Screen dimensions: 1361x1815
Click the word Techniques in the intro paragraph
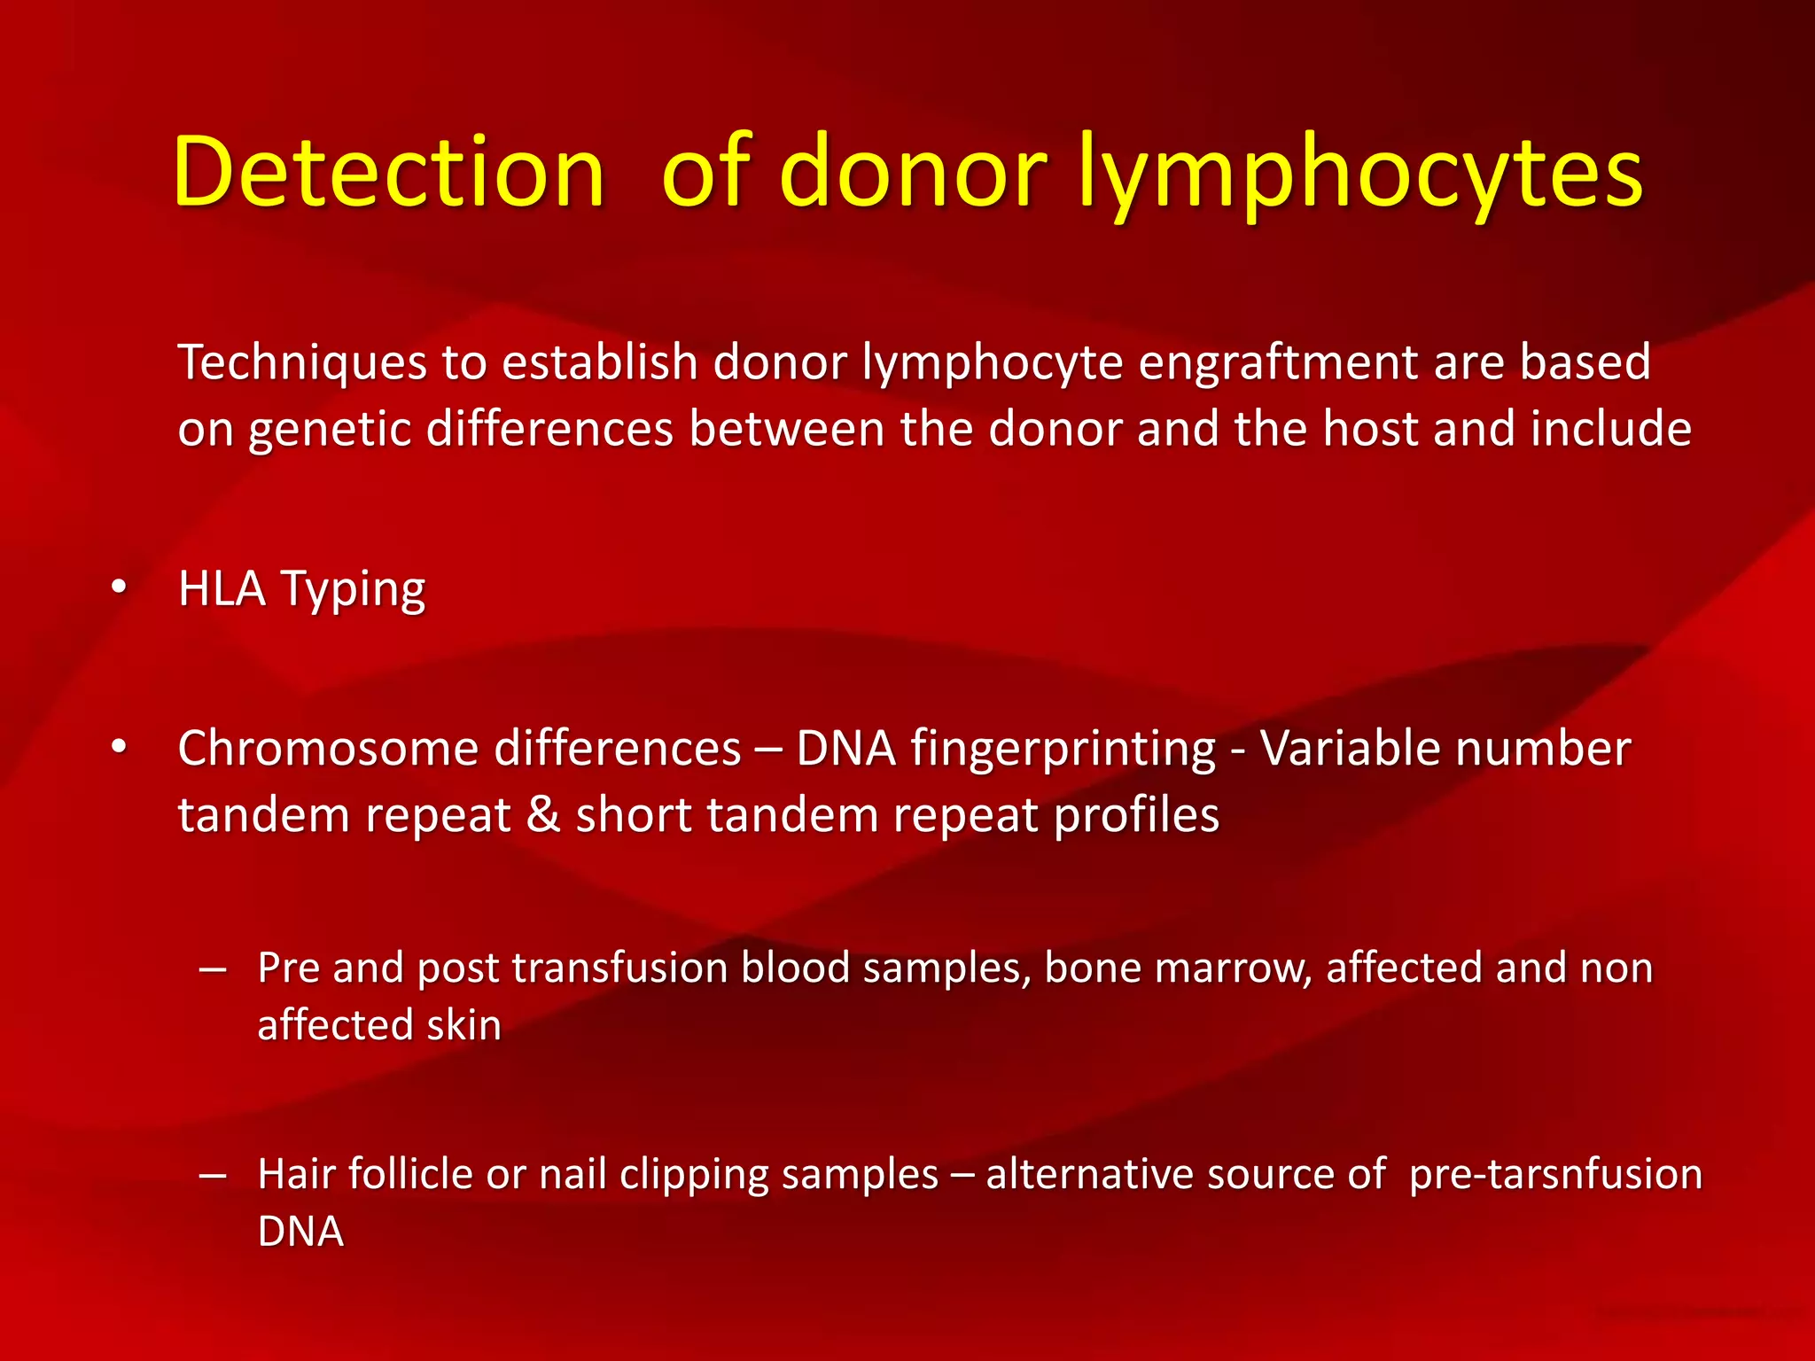(302, 362)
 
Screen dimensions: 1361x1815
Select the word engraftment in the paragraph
(1277, 362)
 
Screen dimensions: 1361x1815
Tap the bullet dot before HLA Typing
(119, 587)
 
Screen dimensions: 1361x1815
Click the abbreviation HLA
(222, 588)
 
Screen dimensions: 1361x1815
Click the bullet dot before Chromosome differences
(119, 747)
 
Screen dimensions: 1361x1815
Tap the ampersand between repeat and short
(542, 815)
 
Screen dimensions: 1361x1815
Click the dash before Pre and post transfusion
(213, 968)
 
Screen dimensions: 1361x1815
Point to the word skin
(463, 1025)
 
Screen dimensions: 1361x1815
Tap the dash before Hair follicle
(213, 1175)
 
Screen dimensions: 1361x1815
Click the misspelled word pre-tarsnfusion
(1555, 1174)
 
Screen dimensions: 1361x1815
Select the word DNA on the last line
(300, 1232)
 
